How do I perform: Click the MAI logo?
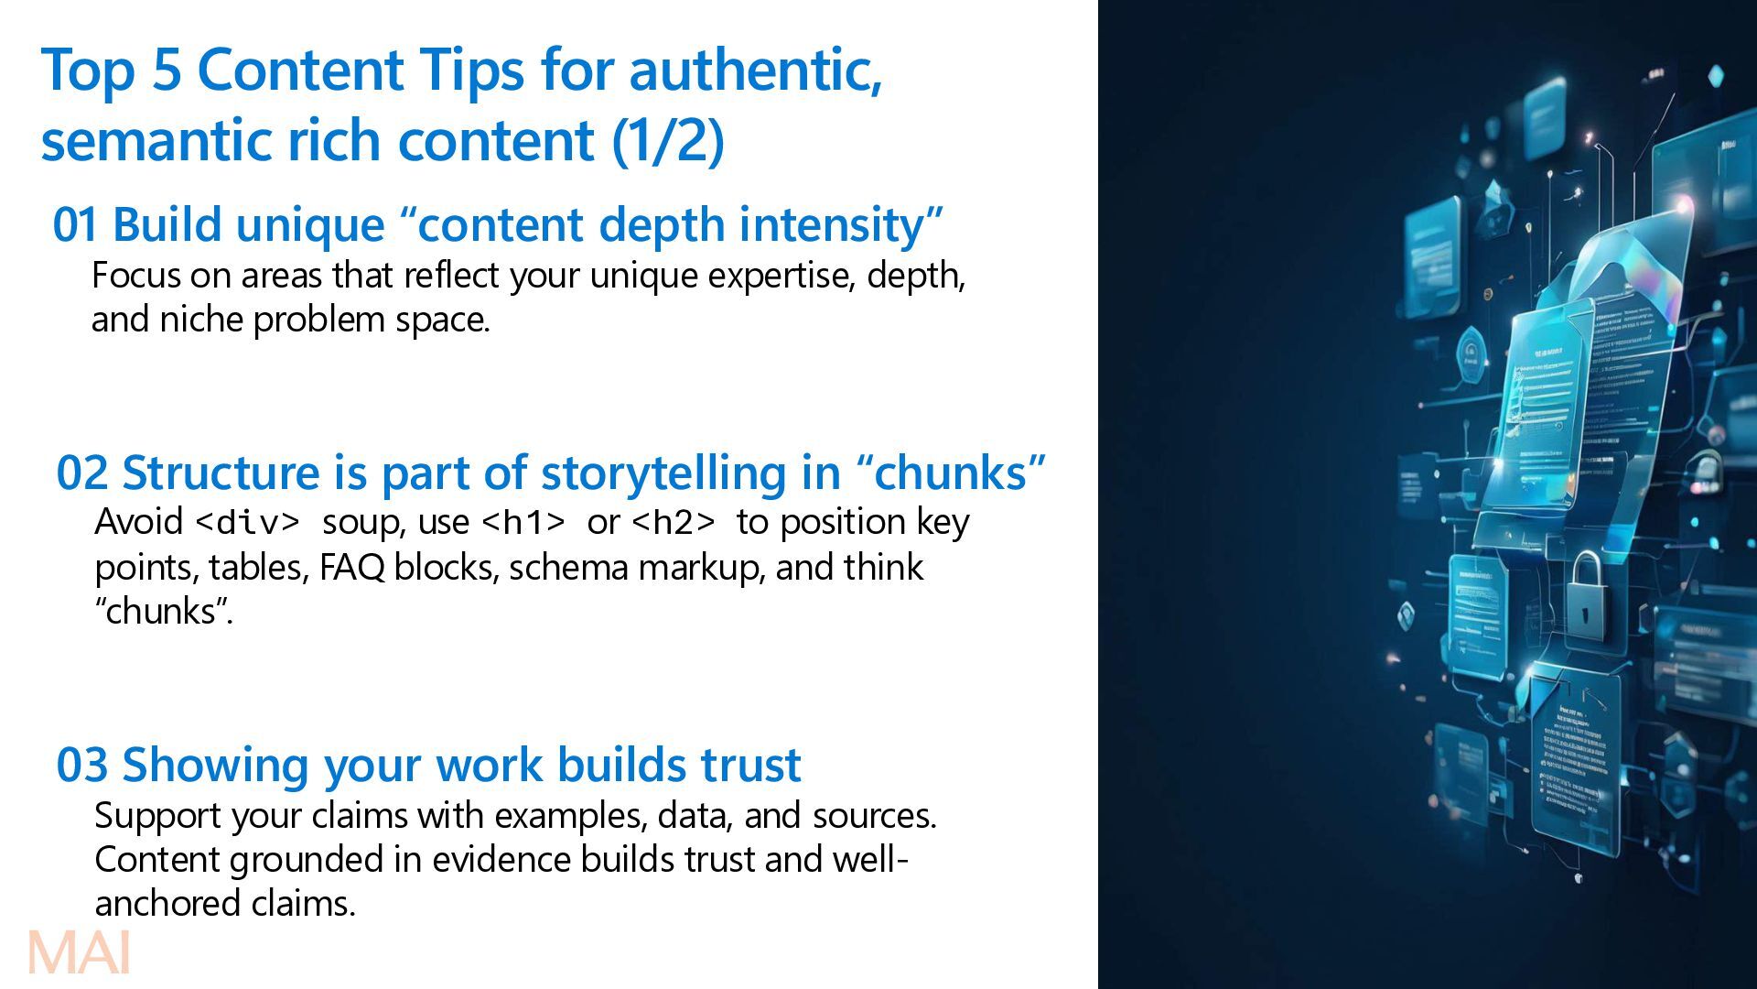(x=80, y=953)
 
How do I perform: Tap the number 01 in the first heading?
(x=74, y=225)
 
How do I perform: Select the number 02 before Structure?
(x=82, y=473)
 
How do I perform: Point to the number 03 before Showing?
(x=82, y=766)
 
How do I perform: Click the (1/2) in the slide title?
(x=667, y=140)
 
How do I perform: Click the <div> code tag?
(x=248, y=522)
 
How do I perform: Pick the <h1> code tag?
(x=523, y=522)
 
